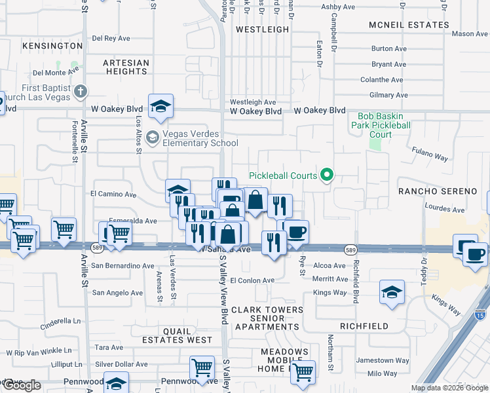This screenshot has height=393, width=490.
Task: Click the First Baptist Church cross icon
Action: pyautogui.click(x=81, y=91)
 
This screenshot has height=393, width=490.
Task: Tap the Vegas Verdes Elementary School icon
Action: pyautogui.click(x=152, y=138)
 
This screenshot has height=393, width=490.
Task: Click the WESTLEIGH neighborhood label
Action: pyautogui.click(x=262, y=29)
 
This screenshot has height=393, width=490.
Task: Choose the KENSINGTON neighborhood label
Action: pyautogui.click(x=52, y=46)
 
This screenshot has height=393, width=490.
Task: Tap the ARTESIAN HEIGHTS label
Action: pyautogui.click(x=126, y=67)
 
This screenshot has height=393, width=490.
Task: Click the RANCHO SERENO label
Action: pyautogui.click(x=438, y=191)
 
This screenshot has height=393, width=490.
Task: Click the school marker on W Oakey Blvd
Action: pyautogui.click(x=160, y=106)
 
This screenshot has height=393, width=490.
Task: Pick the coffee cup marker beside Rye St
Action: pyautogui.click(x=296, y=231)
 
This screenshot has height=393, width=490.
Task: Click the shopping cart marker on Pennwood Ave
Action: pyautogui.click(x=202, y=368)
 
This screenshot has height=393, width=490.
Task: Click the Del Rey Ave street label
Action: pyautogui.click(x=113, y=38)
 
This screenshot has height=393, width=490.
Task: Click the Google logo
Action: pyautogui.click(x=21, y=386)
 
